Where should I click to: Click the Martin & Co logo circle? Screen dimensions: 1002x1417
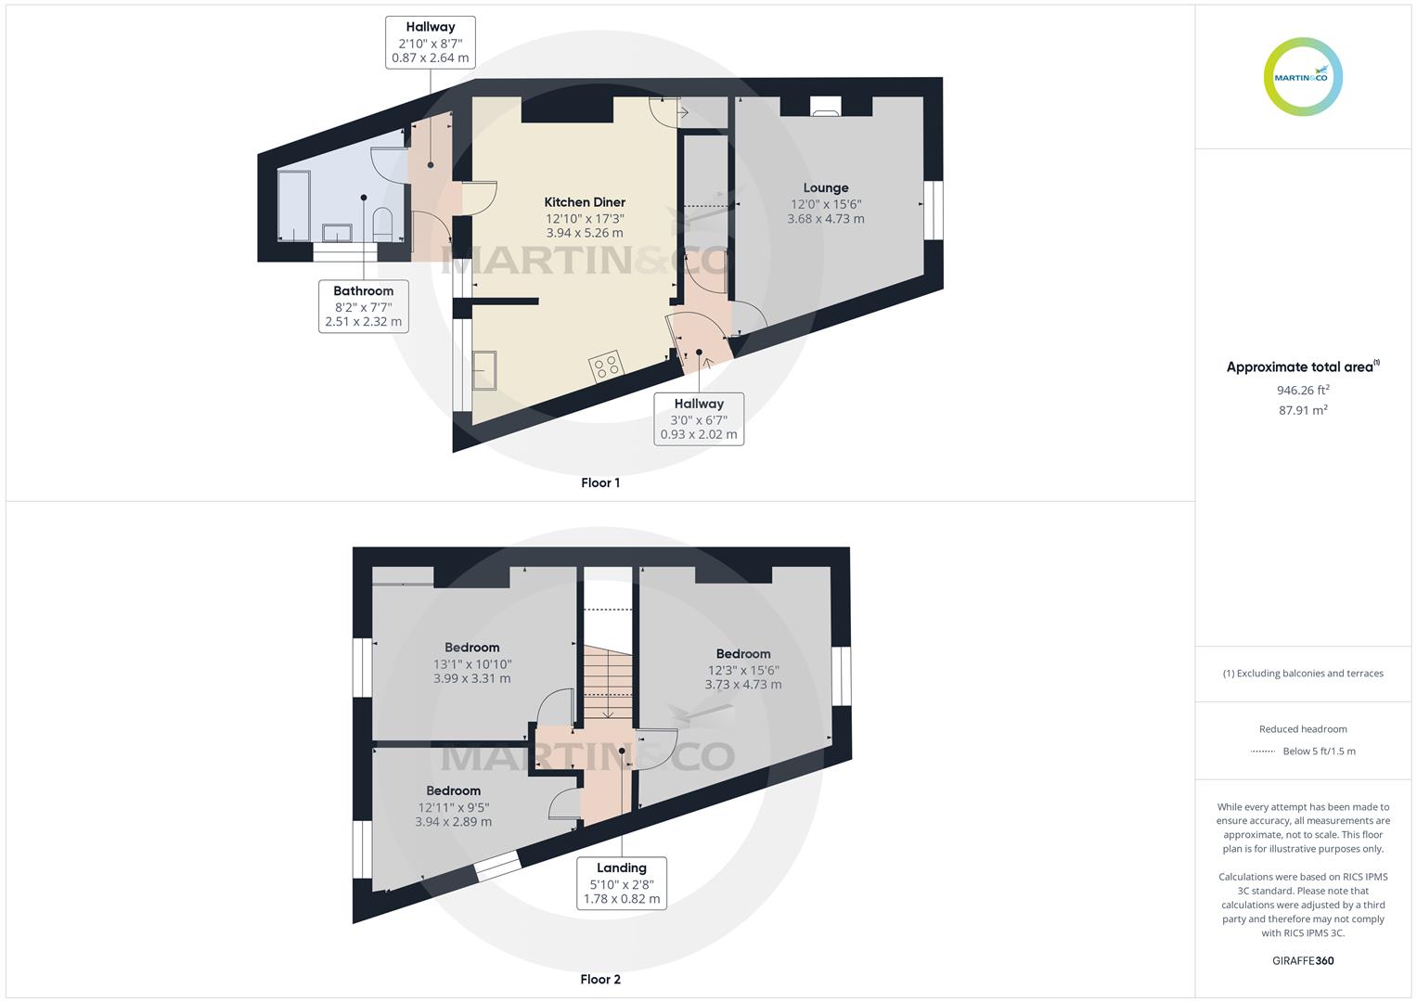1303,77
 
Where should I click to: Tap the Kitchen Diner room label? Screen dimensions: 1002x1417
585,202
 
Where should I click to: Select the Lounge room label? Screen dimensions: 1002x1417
826,188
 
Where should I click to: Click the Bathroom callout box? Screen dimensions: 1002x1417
364,306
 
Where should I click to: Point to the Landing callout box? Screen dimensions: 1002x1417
622,883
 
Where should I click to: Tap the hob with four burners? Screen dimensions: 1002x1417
607,366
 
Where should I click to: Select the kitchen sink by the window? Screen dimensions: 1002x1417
484,371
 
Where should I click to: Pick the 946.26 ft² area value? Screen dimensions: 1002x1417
1303,391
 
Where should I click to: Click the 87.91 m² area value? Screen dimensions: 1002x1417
1303,410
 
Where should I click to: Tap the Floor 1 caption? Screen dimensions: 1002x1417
600,482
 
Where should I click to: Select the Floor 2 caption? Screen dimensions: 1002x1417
600,979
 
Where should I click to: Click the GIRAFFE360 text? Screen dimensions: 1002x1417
1303,960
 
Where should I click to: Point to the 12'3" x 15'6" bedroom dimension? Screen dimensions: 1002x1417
743,670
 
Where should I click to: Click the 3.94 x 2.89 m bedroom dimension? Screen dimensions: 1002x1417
453,822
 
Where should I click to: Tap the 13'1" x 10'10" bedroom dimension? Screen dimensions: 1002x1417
472,663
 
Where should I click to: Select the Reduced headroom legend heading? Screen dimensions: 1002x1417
1303,729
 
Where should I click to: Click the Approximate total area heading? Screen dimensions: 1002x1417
1301,367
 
